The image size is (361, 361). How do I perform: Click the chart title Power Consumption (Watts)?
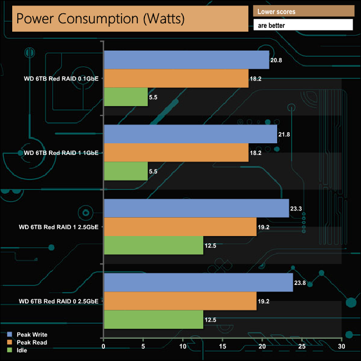(x=128, y=19)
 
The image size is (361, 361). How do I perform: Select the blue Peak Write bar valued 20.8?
(x=186, y=60)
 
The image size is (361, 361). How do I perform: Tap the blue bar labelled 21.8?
(x=190, y=134)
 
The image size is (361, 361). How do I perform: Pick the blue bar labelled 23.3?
(x=196, y=208)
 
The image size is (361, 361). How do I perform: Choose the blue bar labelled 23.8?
(x=198, y=283)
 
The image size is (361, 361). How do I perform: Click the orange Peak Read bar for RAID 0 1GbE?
(x=176, y=78)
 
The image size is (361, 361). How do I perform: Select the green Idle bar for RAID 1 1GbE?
(x=126, y=171)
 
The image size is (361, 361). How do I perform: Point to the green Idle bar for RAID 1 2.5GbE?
(x=153, y=245)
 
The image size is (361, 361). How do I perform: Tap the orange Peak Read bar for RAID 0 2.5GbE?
(x=180, y=301)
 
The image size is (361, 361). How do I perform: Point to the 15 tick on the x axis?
(x=223, y=347)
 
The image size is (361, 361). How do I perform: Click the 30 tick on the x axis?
(x=342, y=347)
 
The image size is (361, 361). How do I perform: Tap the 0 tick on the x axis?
(x=104, y=347)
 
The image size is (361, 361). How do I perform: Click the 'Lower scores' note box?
(x=303, y=12)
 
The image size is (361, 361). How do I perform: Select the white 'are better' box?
(x=303, y=25)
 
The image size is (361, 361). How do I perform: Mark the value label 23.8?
(x=302, y=283)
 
